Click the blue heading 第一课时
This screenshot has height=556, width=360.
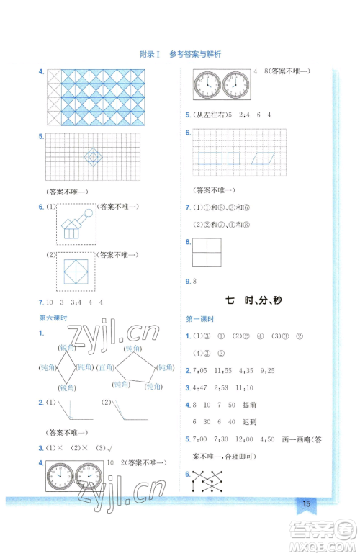[198, 318]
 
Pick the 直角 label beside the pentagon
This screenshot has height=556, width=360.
[106, 367]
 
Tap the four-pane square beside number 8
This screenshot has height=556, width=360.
[206, 254]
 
